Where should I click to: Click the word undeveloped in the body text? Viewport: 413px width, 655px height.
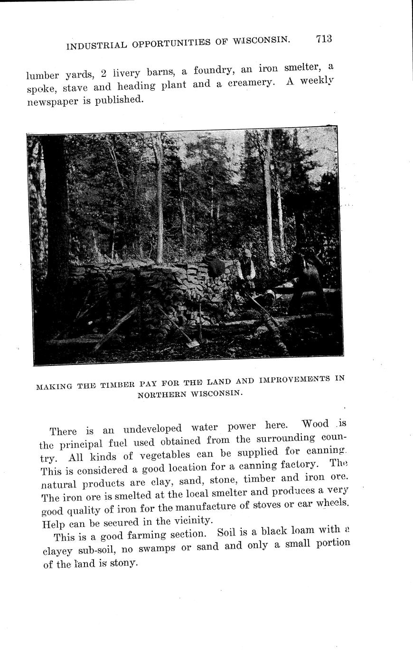[x=154, y=428]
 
